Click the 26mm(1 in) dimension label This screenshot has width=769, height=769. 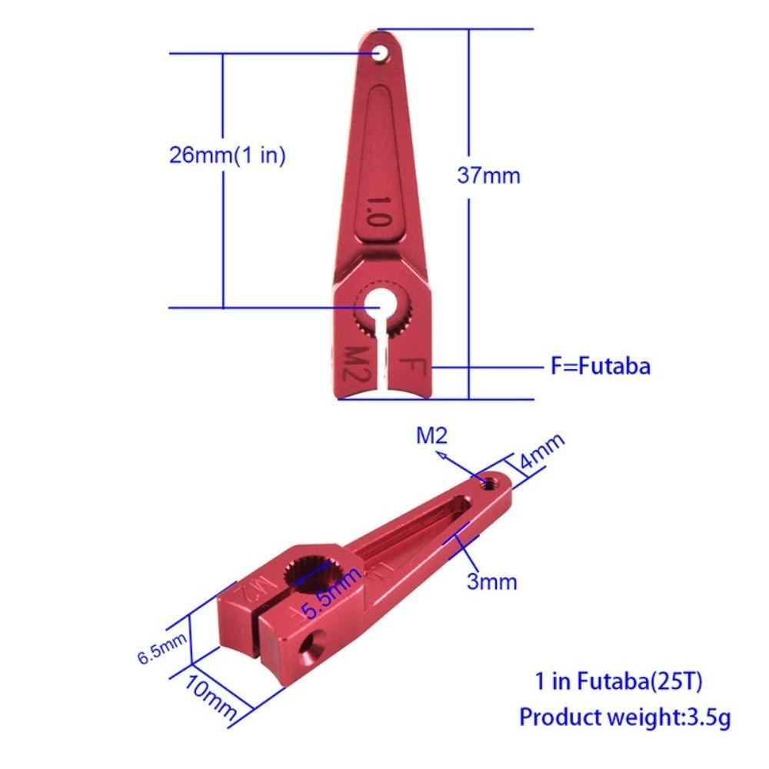point(227,155)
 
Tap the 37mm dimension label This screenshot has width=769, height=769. point(488,175)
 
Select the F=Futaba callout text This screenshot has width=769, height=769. point(600,366)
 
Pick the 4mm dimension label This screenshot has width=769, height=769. point(542,454)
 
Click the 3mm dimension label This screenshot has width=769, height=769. point(492,581)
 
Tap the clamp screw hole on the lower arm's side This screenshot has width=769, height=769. point(311,645)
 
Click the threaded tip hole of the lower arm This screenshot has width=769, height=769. point(488,482)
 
